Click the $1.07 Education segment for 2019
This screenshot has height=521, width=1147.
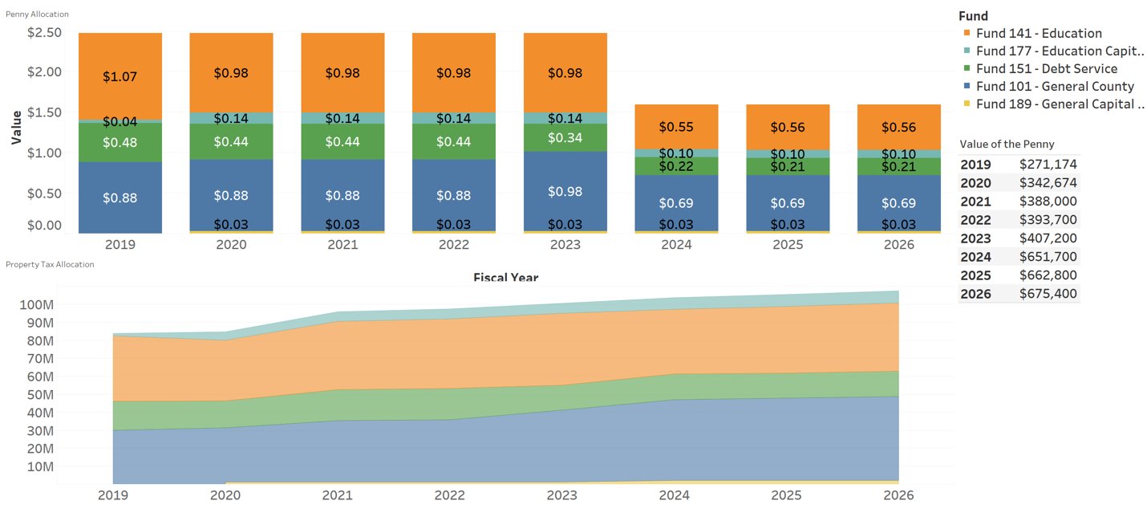tap(120, 76)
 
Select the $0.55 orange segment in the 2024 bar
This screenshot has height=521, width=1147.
tap(676, 127)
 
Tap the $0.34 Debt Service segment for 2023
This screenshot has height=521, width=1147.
tap(565, 138)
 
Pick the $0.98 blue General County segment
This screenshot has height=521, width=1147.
tap(565, 191)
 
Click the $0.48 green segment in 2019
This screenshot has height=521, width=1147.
tap(120, 142)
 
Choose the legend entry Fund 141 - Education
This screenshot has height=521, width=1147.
tap(1039, 33)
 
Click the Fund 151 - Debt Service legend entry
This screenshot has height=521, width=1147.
tap(1046, 69)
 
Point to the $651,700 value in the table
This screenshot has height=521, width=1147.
tap(1048, 257)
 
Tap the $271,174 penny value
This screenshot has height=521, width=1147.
tap(1048, 165)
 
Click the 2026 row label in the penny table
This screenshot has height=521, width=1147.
tap(975, 294)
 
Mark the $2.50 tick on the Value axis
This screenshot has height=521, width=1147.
tap(45, 33)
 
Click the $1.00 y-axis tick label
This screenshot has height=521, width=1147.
tap(45, 153)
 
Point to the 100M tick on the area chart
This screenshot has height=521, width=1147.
tap(36, 305)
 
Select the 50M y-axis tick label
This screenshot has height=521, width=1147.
tap(39, 394)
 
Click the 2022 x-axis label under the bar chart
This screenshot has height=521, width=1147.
tap(454, 245)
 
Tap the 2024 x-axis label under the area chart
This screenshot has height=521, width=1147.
tap(675, 495)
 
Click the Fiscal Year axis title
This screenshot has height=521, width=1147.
tap(506, 278)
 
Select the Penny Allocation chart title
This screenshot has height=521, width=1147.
tap(37, 14)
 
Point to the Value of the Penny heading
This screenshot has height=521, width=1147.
tap(1007, 144)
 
